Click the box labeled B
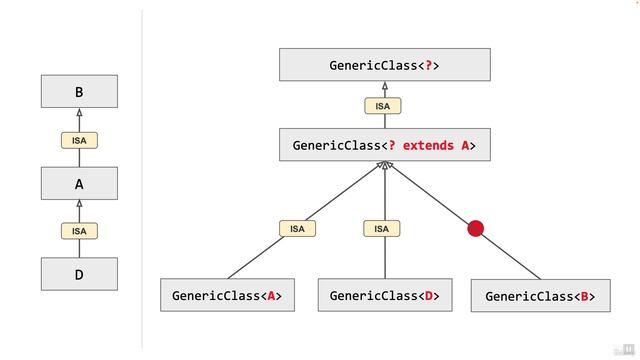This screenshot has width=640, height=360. (79, 92)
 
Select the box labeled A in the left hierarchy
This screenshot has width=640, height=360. (79, 184)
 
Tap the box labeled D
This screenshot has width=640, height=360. (79, 274)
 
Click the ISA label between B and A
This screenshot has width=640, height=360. (79, 141)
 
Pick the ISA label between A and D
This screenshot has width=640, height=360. (79, 231)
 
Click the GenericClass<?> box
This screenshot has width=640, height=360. (384, 66)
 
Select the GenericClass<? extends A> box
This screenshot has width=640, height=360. (384, 145)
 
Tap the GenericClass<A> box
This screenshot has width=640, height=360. (227, 296)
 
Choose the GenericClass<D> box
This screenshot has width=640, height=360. (384, 296)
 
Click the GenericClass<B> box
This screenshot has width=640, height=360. (540, 296)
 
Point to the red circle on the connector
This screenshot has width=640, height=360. (476, 229)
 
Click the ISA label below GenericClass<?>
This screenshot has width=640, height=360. (383, 106)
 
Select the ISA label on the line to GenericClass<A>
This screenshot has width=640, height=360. (297, 229)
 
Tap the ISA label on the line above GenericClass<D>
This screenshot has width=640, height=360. (381, 229)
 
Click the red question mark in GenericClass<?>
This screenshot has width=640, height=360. (430, 66)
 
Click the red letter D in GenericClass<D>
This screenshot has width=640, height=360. (429, 296)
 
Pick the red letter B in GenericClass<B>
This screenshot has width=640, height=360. (586, 296)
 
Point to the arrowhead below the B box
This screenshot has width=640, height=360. (79, 114)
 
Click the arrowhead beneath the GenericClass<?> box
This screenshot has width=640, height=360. (384, 87)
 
